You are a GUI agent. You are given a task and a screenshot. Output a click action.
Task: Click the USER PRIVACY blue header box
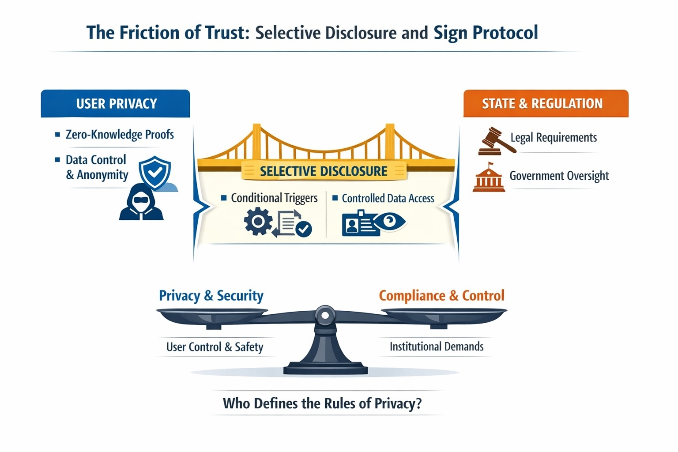pos(116,104)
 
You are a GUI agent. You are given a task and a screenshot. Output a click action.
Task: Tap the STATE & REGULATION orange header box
pos(546,104)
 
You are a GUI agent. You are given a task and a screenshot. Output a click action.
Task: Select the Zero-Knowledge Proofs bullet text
pos(120,134)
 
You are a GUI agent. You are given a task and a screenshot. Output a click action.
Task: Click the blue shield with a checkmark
pos(154,173)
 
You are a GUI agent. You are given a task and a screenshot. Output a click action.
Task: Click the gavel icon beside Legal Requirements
pos(496,141)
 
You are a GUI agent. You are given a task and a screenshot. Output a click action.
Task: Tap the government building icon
pos(489,177)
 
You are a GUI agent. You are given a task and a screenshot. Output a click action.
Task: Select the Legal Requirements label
pos(554,138)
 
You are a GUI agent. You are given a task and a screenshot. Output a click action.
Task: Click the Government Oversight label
pos(559,176)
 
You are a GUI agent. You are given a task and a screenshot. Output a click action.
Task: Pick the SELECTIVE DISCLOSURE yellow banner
pos(324,171)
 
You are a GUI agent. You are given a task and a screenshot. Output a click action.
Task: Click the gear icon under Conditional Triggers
pos(258,222)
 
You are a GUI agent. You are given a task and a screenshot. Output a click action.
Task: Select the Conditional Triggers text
pos(274,198)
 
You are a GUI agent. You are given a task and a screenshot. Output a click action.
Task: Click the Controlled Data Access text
pos(388,199)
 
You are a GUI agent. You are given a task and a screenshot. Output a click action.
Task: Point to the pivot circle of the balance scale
pos(325,315)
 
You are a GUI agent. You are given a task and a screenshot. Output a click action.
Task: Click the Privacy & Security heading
pos(211,295)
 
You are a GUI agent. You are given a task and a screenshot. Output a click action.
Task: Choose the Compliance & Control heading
pos(441,295)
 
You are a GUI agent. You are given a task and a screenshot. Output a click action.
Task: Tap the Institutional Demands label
pos(437,347)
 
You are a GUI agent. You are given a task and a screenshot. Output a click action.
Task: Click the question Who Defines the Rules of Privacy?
pos(322,403)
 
